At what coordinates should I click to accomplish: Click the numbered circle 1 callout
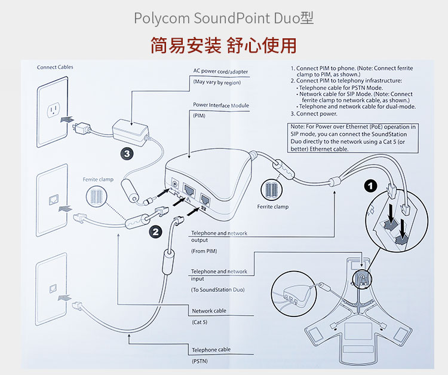pyautogui.click(x=370, y=186)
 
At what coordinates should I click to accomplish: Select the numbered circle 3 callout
pyautogui.click(x=127, y=154)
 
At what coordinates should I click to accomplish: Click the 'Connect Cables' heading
pyautogui.click(x=55, y=67)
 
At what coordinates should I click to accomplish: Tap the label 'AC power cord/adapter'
pyautogui.click(x=220, y=72)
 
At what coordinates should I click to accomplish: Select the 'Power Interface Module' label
pyautogui.click(x=220, y=105)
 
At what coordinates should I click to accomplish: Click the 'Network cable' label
pyautogui.click(x=208, y=311)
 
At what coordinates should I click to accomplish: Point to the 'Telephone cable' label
pyautogui.click(x=211, y=350)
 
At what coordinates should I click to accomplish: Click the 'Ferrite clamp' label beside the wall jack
pyautogui.click(x=97, y=180)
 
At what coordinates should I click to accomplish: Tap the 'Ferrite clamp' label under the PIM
pyautogui.click(x=272, y=207)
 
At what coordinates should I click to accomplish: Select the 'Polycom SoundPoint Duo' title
pyautogui.click(x=223, y=17)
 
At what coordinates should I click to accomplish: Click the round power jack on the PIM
pyautogui.click(x=176, y=184)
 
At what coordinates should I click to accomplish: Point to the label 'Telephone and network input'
pyautogui.click(x=219, y=275)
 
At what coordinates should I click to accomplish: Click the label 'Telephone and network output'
pyautogui.click(x=219, y=237)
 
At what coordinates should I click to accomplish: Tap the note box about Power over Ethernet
pyautogui.click(x=353, y=138)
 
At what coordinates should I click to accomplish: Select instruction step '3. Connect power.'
pyautogui.click(x=314, y=113)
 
